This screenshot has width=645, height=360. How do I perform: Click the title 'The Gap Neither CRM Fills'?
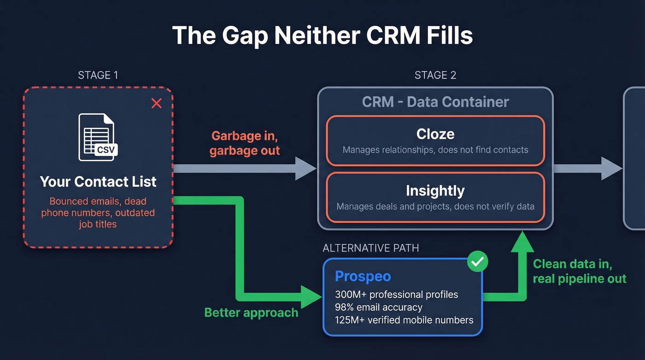[322, 35]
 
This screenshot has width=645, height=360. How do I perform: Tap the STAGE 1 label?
[98, 75]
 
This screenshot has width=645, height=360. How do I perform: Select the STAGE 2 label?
[435, 75]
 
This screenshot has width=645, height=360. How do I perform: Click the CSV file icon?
[97, 137]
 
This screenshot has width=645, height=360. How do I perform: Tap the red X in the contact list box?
[157, 103]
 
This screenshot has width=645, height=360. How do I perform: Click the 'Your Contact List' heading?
[98, 182]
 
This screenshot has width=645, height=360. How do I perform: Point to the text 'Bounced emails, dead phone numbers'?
[98, 207]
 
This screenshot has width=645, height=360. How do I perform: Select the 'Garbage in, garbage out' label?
[245, 143]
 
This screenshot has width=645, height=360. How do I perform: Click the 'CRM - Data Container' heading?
[435, 102]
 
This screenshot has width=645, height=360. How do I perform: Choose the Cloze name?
[435, 134]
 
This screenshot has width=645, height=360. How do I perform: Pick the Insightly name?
[435, 190]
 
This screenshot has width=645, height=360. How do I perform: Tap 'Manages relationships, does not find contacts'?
[435, 150]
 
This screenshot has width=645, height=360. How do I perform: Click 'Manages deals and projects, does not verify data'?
[435, 206]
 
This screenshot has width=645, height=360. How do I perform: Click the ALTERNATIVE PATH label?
[371, 248]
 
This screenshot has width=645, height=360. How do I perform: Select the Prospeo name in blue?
[363, 276]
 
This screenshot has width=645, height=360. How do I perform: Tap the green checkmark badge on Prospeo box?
[478, 262]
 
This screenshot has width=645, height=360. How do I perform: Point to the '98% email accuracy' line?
[379, 307]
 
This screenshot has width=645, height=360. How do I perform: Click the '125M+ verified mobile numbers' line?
[404, 320]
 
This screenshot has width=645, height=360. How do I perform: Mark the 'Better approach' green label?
[251, 313]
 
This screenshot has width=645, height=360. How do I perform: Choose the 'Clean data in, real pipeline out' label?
[579, 271]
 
